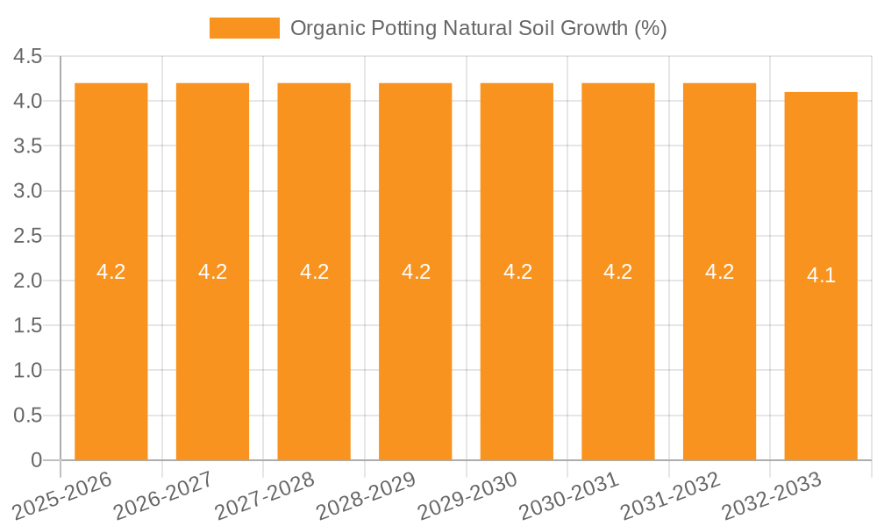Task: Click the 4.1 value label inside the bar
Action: (821, 275)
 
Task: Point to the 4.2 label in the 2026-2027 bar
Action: (212, 272)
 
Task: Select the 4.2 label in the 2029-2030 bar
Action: (517, 272)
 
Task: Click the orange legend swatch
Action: (244, 28)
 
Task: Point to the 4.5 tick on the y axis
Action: (28, 57)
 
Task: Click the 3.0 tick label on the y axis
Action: (28, 191)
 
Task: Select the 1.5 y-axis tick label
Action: (28, 326)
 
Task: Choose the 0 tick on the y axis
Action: (36, 460)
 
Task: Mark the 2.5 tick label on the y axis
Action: (28, 236)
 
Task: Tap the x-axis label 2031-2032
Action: (670, 496)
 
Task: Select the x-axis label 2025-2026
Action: (62, 496)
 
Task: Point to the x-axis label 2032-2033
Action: (772, 496)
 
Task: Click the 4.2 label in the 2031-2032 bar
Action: (719, 272)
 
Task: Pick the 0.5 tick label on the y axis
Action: (28, 416)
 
